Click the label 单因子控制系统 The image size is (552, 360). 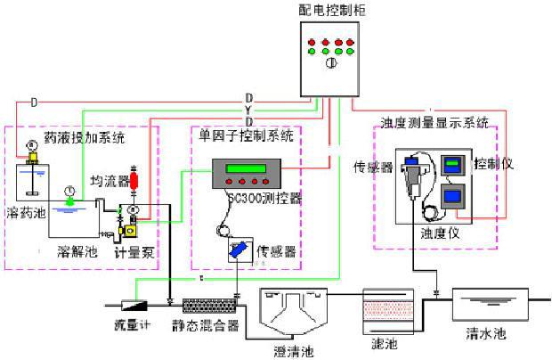tap(245, 136)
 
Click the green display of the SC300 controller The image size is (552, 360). tap(247, 170)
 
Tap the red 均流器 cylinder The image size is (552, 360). tap(135, 179)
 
